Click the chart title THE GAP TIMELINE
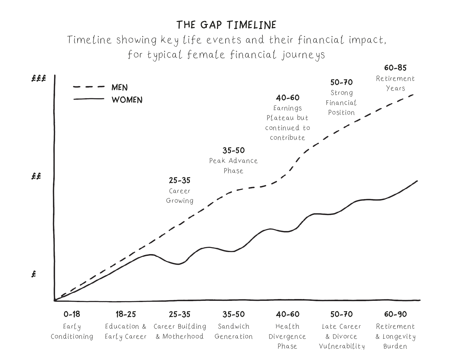point(226,25)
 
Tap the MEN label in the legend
point(120,88)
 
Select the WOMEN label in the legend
point(127,100)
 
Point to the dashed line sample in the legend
point(89,87)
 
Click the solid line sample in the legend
point(89,99)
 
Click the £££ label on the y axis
point(39,79)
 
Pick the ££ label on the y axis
point(36,177)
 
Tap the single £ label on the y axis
point(34,274)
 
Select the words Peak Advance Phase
point(233,166)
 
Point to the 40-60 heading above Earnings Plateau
point(288,98)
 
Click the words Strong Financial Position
point(341,103)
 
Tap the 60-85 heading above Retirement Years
point(395,68)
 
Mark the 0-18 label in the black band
point(72,314)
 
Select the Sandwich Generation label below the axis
point(233,331)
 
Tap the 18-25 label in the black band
point(126,314)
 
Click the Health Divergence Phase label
point(287,336)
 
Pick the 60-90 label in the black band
point(395,314)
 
